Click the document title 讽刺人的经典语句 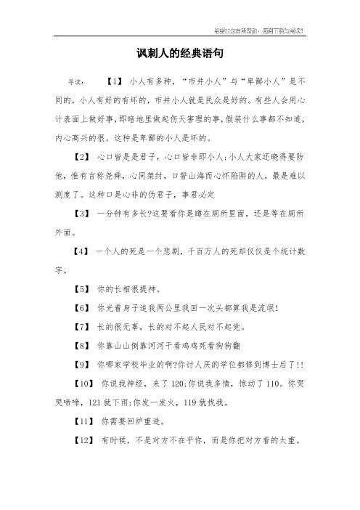(x=179, y=54)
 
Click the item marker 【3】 (x=81, y=216)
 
